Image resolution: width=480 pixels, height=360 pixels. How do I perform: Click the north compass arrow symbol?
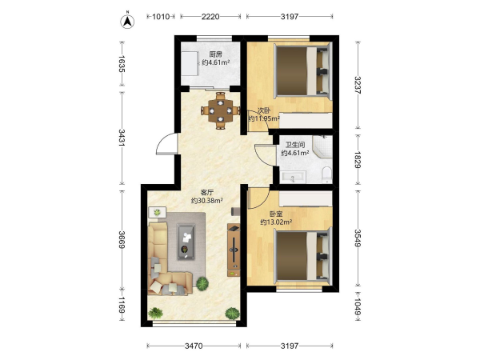coord(127,21)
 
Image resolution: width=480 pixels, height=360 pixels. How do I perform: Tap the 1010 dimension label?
coord(161,17)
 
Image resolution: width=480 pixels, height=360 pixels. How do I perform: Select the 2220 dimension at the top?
coord(210,17)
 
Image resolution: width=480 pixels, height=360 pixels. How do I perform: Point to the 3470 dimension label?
coord(194,346)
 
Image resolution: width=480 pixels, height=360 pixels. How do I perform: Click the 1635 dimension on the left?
coord(122,64)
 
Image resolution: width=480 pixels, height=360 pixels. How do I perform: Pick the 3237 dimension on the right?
coord(358,85)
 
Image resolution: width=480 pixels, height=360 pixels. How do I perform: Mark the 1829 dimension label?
coord(358,159)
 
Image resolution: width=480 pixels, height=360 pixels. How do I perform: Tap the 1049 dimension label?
coord(358,307)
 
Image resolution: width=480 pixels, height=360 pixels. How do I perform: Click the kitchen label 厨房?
coord(215,54)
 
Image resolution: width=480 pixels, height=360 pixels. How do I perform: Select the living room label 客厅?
coord(206,193)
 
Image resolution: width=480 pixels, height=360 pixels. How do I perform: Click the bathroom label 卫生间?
coord(294,145)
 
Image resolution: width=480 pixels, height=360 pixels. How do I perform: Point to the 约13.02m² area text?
coord(276,222)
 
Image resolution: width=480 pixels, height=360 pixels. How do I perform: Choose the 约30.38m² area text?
coord(206,201)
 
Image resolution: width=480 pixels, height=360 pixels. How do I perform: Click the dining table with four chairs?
coord(221,110)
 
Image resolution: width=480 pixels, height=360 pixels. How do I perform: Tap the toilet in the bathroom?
coord(327,174)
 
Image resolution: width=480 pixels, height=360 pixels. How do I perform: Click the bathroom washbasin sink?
coord(294,178)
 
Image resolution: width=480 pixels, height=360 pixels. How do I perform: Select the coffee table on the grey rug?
coord(186,242)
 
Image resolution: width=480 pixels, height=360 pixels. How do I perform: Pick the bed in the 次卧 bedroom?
coord(302,71)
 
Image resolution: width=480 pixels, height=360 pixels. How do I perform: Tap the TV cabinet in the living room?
coord(234,250)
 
